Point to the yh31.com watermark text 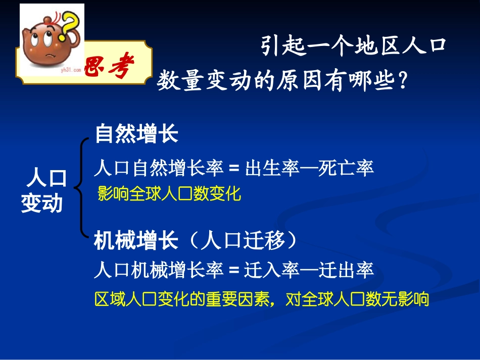point(71,72)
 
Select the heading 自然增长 point(136,134)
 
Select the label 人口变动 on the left point(43,190)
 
